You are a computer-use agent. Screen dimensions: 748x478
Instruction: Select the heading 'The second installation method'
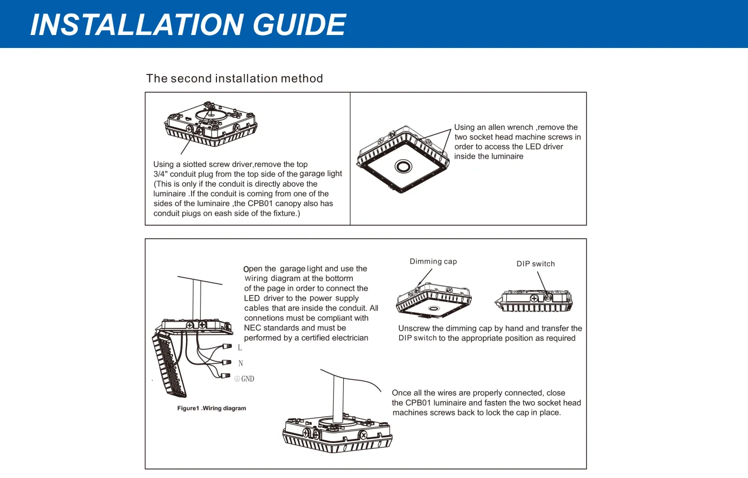coord(234,78)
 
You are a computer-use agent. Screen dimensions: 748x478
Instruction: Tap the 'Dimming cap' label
coord(433,261)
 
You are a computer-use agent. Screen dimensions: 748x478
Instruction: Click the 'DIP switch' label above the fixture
coord(535,264)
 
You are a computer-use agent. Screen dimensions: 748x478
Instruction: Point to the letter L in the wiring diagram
coord(240,348)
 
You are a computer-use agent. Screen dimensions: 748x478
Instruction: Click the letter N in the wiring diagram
coord(241,363)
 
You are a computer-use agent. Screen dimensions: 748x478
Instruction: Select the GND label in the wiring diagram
coord(247,379)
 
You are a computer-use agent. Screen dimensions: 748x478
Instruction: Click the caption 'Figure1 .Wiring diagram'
coord(211,408)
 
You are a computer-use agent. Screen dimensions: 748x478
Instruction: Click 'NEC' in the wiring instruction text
coord(252,328)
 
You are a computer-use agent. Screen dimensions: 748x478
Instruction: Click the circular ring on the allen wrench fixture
coord(403,165)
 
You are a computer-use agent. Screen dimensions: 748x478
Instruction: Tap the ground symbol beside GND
coord(237,379)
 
